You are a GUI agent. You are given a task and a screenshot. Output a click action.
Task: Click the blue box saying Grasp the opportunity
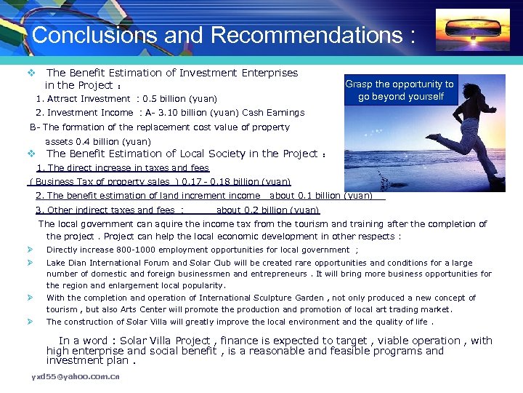click(x=400, y=90)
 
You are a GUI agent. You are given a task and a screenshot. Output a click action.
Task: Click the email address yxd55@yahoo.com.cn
click(x=76, y=376)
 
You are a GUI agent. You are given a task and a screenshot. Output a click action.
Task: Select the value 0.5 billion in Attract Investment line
click(x=166, y=99)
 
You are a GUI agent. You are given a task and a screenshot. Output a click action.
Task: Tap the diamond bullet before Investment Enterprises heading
click(x=31, y=73)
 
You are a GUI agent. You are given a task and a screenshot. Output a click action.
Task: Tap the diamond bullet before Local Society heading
click(x=31, y=154)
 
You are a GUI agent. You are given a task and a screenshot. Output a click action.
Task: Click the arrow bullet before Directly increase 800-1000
click(x=31, y=250)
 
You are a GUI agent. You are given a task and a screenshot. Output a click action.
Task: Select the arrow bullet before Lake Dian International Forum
click(x=31, y=262)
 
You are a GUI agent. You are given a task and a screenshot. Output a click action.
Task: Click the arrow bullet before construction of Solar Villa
click(x=31, y=322)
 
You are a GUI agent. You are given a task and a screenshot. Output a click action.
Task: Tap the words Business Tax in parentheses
click(x=62, y=182)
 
